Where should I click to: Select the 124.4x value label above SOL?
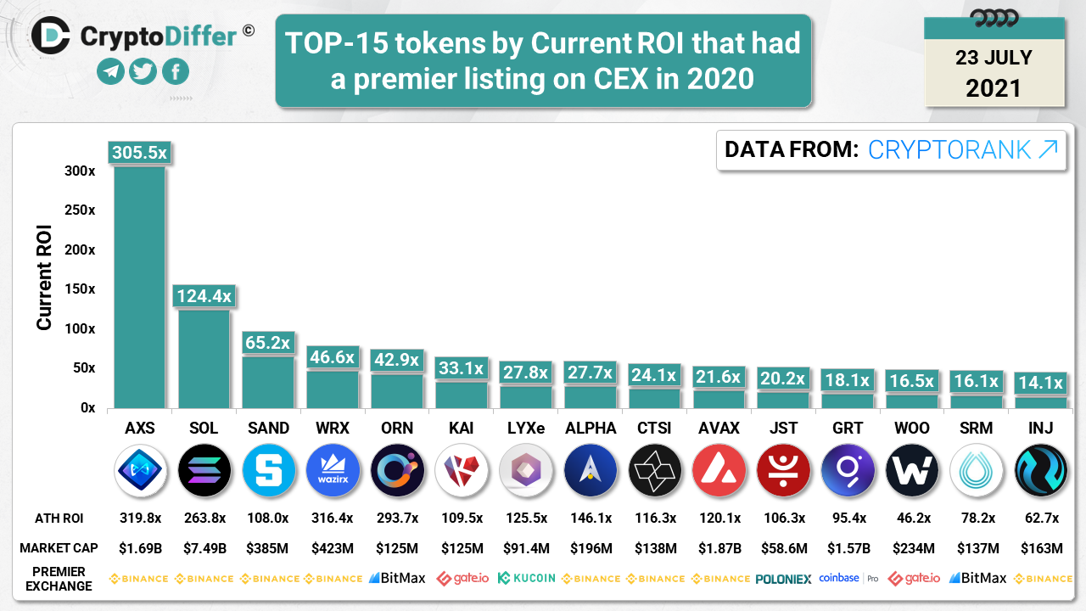click(x=204, y=296)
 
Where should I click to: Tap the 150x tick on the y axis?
click(x=81, y=289)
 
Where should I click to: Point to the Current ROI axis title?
click(x=44, y=277)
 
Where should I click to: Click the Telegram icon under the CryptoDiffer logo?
click(x=110, y=72)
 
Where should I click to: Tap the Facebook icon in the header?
click(x=175, y=72)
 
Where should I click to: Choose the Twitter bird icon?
click(x=143, y=72)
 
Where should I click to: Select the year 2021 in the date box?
click(x=994, y=87)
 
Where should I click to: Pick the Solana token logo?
click(x=204, y=470)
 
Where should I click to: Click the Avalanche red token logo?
click(x=718, y=470)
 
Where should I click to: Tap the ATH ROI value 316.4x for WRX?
click(x=333, y=518)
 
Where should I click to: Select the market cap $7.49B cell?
click(x=204, y=548)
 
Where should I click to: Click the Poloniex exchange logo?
click(x=783, y=579)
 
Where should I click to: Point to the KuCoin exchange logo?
click(x=526, y=578)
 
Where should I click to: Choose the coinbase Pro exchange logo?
click(x=848, y=578)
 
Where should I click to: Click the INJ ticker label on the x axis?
click(x=1040, y=428)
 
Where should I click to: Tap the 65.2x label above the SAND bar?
click(x=268, y=344)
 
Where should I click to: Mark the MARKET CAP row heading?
click(x=59, y=548)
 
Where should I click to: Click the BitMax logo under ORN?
click(x=397, y=578)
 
